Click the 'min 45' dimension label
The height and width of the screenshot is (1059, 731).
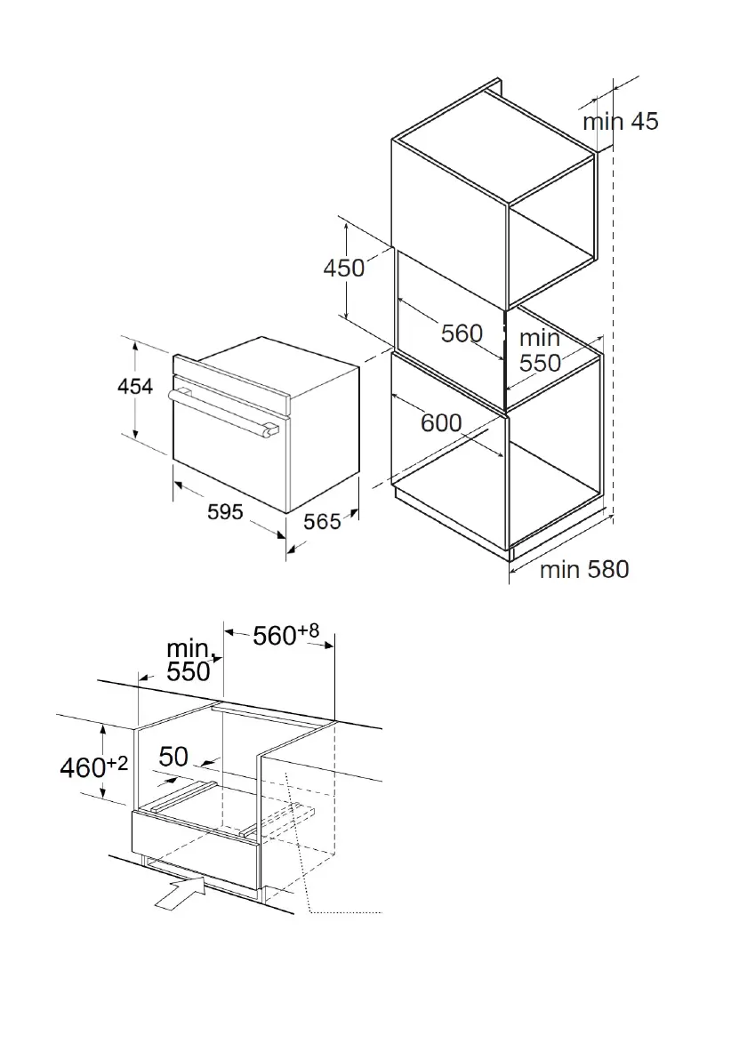(x=621, y=122)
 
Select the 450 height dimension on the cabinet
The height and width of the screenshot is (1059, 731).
(x=344, y=268)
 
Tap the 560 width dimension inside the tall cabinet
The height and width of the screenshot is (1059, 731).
(x=462, y=333)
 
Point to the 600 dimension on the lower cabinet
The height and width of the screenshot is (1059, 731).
(x=441, y=422)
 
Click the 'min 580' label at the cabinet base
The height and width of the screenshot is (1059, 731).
(x=583, y=569)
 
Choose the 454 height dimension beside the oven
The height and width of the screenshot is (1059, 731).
(x=135, y=387)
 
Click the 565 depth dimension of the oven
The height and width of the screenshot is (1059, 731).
(x=321, y=522)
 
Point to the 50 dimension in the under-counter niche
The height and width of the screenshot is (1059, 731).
(x=173, y=757)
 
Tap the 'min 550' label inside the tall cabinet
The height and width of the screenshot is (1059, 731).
(x=540, y=351)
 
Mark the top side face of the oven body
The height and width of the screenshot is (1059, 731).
(x=276, y=365)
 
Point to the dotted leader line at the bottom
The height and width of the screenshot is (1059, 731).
(x=347, y=911)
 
